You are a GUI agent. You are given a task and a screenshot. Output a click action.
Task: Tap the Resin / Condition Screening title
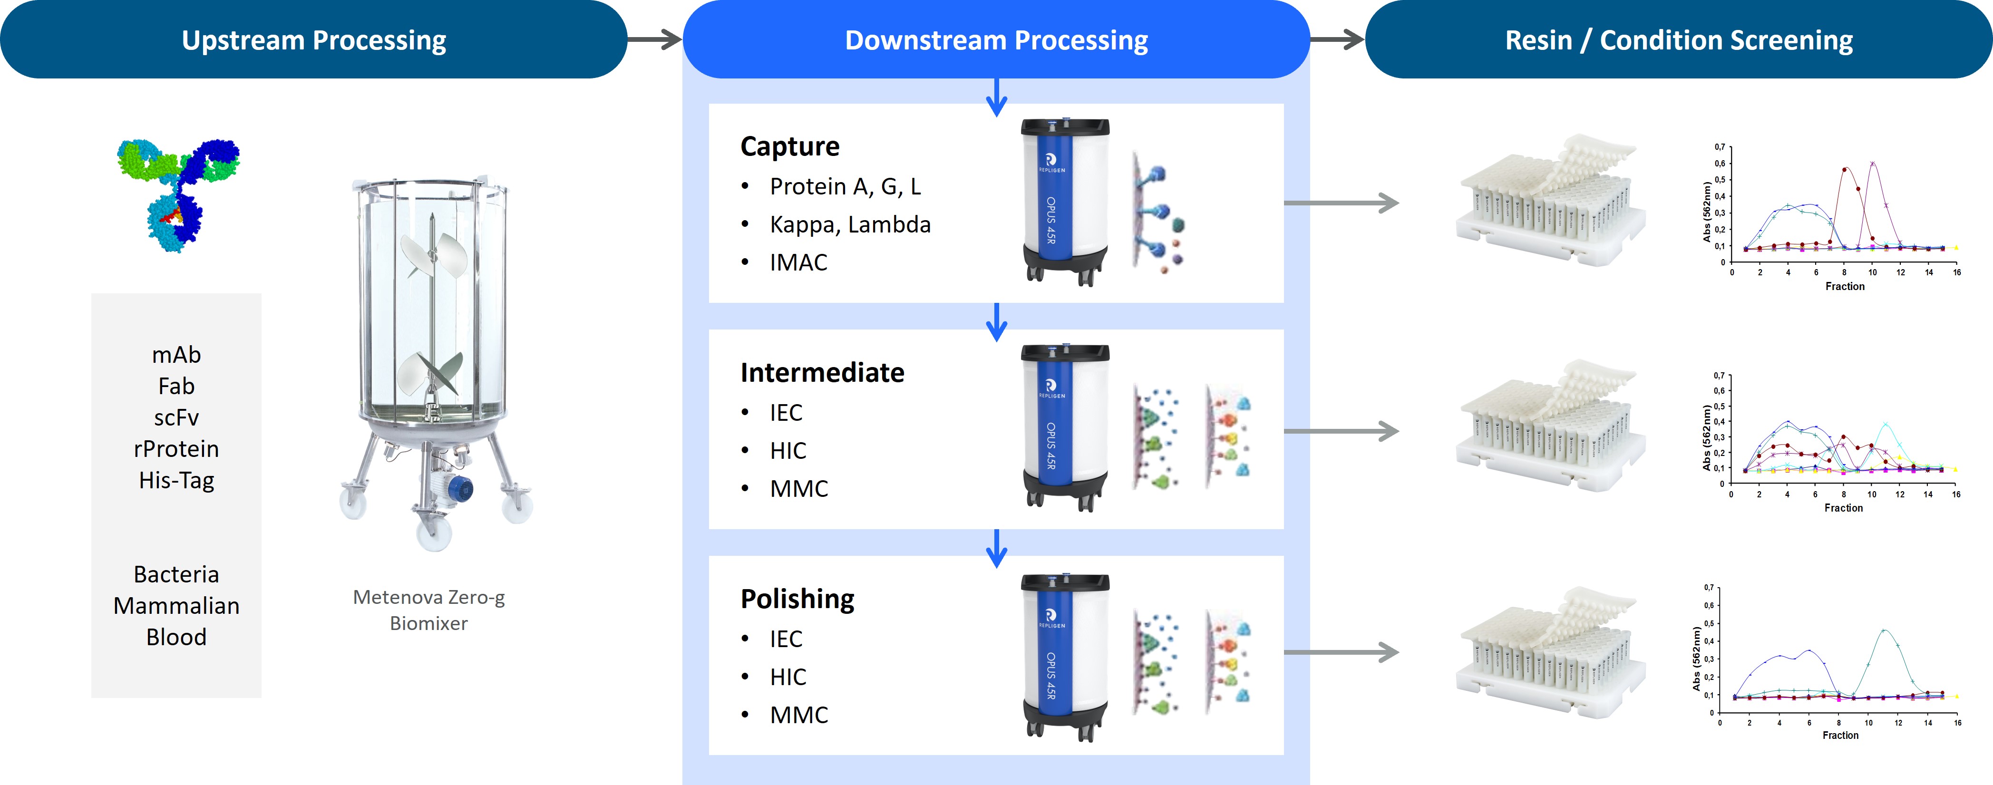click(1678, 40)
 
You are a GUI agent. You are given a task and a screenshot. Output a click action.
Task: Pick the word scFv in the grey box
click(176, 417)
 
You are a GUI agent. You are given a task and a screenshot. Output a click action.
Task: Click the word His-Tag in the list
click(176, 480)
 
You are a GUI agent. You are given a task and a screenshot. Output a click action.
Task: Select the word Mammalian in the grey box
click(176, 606)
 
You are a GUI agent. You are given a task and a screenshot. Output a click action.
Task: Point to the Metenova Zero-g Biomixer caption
click(428, 610)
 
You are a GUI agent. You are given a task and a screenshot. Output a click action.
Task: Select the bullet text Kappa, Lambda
click(849, 224)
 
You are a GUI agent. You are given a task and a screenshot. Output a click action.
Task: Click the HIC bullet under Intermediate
click(787, 451)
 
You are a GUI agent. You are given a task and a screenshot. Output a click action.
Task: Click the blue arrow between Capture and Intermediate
click(997, 321)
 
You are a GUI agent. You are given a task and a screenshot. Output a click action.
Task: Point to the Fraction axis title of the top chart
click(1845, 286)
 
